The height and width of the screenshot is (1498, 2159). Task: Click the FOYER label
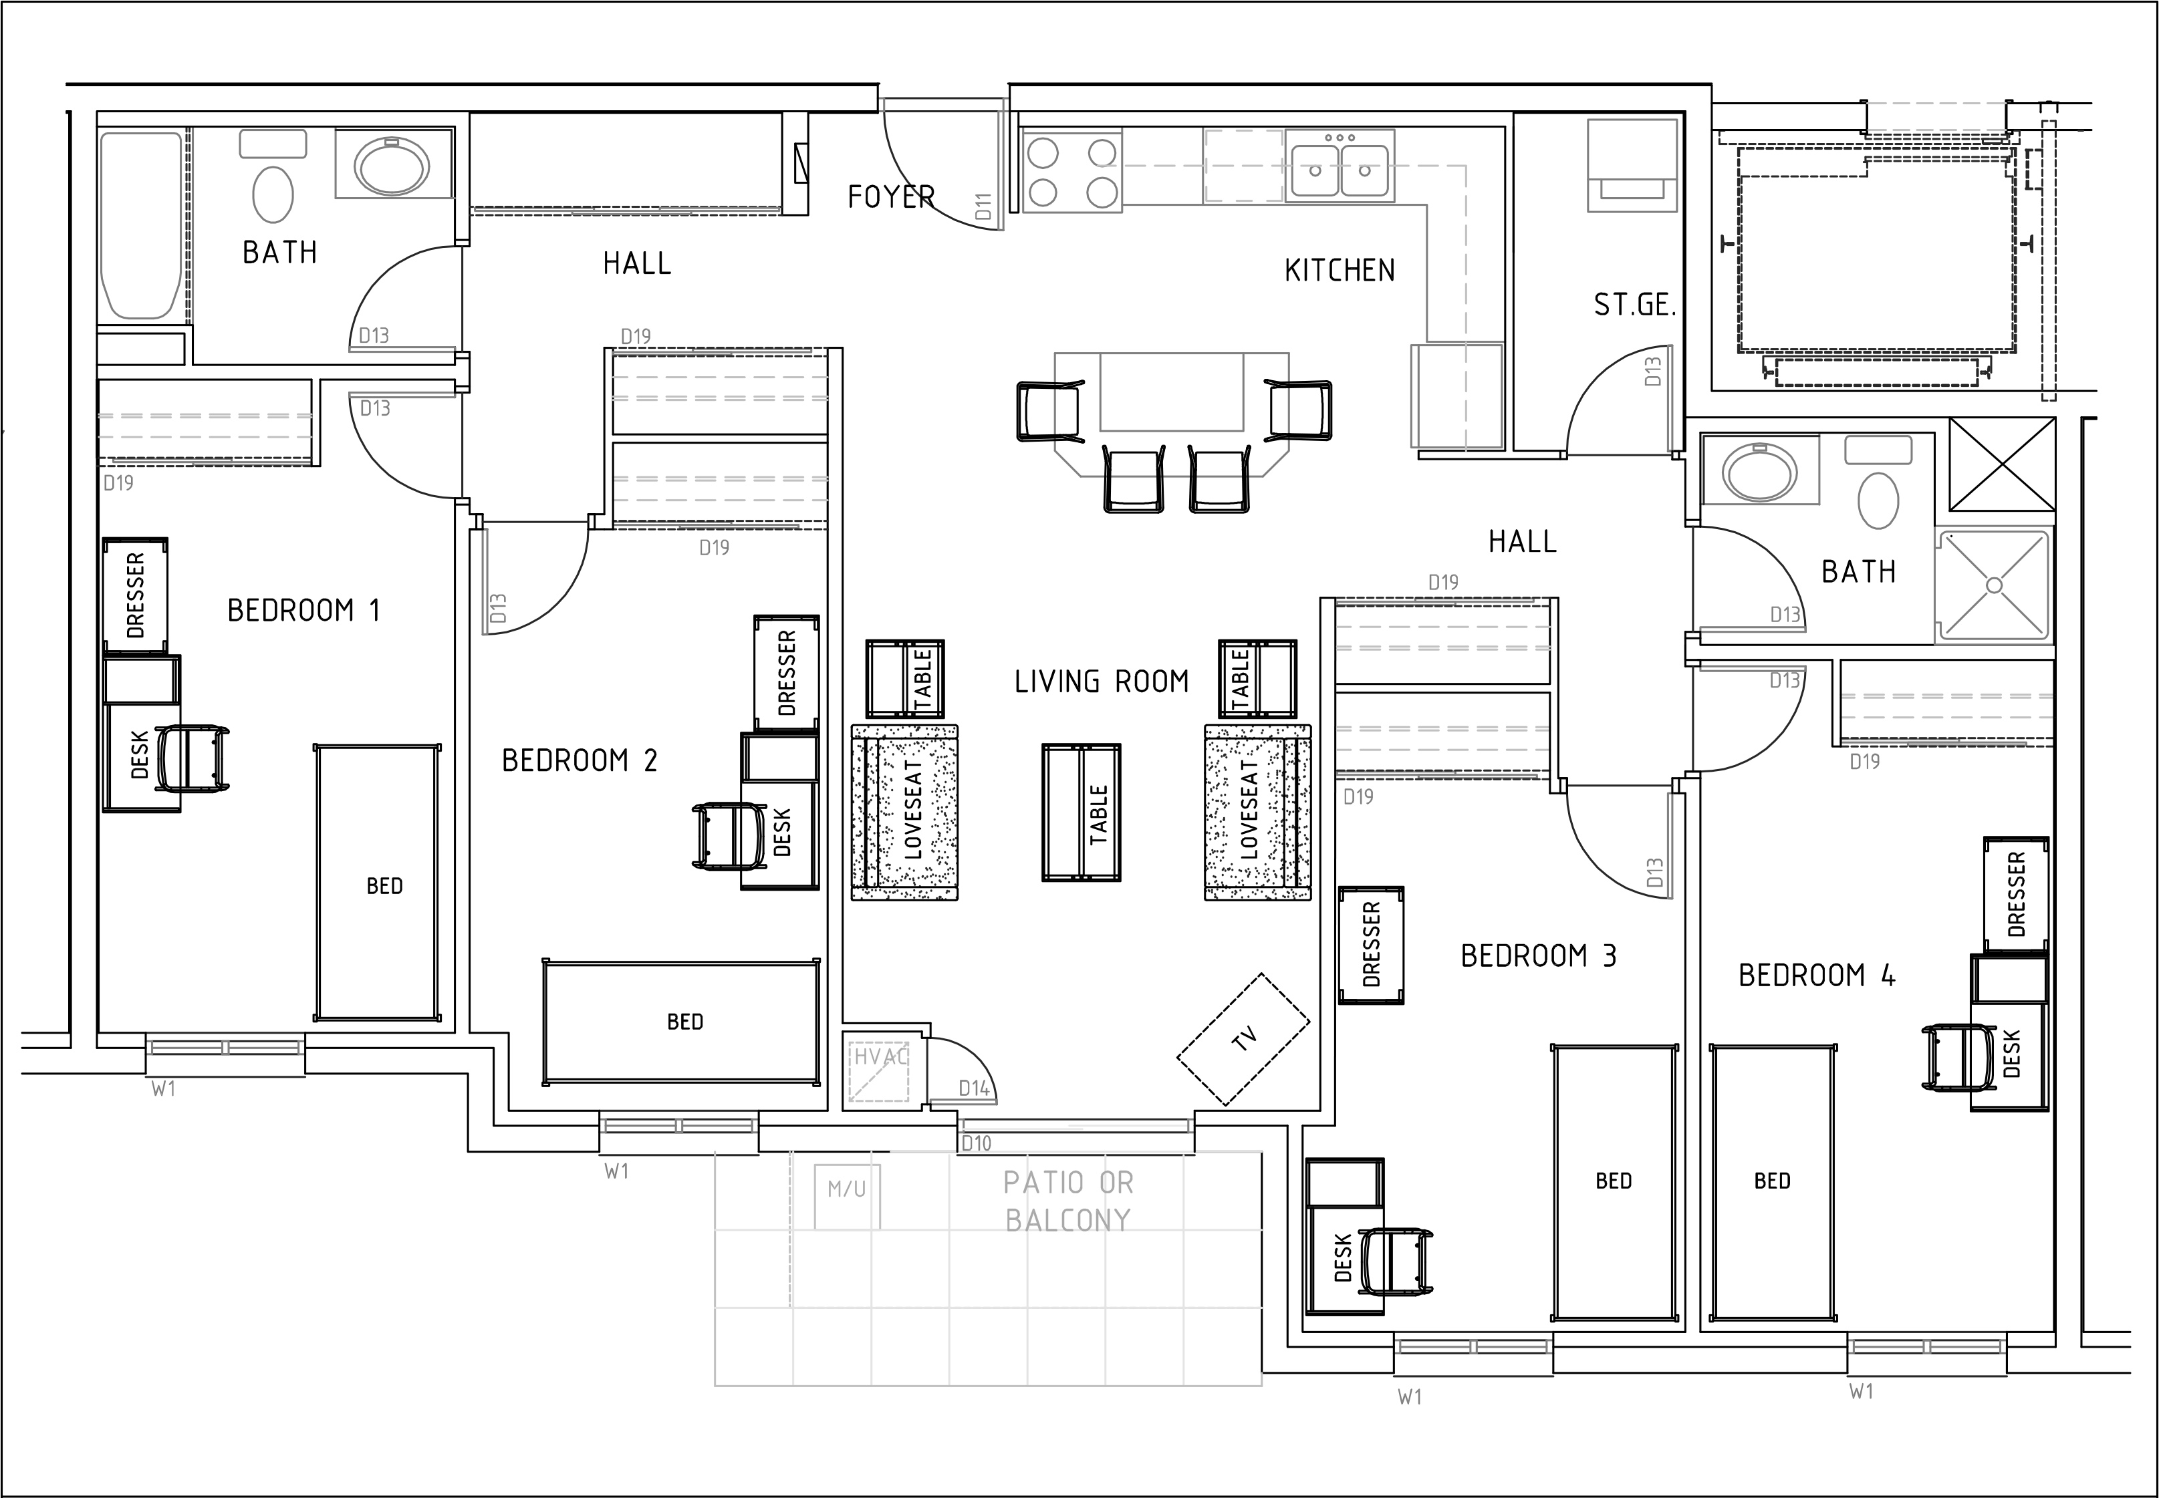coord(890,197)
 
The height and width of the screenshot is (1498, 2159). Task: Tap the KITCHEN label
coord(1340,271)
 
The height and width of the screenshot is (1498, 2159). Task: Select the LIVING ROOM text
coord(1101,682)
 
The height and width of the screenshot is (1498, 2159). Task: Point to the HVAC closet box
coord(880,1071)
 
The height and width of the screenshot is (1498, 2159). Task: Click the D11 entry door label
coord(983,206)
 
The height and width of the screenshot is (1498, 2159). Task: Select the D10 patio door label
coord(977,1143)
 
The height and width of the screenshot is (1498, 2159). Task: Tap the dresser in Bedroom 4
coord(2015,895)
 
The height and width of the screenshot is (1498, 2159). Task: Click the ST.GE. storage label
coord(1634,306)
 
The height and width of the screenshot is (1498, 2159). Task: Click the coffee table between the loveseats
coord(1082,813)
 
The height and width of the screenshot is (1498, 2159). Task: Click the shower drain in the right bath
coord(1994,586)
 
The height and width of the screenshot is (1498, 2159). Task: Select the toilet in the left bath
coord(273,194)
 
